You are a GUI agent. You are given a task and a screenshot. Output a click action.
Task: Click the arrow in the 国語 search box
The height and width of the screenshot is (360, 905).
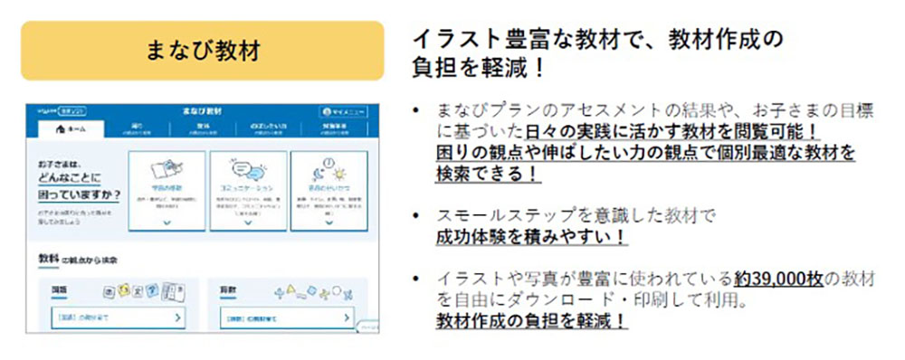click(177, 318)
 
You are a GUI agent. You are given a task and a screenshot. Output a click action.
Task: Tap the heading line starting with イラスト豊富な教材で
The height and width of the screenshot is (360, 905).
click(597, 40)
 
